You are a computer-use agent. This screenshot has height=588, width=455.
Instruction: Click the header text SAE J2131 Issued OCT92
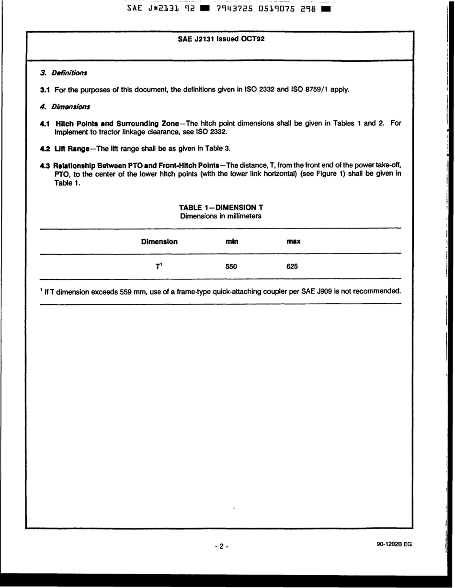[x=221, y=39]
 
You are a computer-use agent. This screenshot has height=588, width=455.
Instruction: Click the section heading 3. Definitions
[x=63, y=73]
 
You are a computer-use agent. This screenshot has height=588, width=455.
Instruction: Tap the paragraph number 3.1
[x=45, y=90]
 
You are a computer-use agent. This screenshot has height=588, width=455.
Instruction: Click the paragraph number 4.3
[x=45, y=165]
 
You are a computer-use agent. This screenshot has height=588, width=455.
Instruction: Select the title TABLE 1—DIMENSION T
[x=221, y=208]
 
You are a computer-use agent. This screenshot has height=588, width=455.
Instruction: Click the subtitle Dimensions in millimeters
[x=221, y=216]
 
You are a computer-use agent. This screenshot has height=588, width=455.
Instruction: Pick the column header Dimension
[x=159, y=242]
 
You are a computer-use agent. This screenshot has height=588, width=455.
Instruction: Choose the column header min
[x=232, y=242]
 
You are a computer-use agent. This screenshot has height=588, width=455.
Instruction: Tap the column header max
[x=293, y=242]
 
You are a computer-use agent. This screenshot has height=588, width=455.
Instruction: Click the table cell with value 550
[x=231, y=267]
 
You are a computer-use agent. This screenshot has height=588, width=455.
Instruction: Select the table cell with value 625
[x=292, y=267]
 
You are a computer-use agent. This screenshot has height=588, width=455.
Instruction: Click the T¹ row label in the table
[x=159, y=266]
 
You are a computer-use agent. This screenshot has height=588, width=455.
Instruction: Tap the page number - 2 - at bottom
[x=221, y=546]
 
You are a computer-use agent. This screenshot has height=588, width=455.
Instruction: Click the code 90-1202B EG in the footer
[x=394, y=544]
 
